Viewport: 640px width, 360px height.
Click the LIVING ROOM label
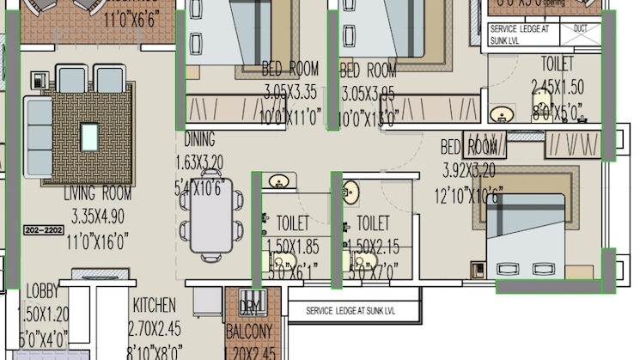(x=97, y=194)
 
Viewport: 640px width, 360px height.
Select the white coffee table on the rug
(x=89, y=136)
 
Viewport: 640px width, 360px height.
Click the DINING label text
(x=199, y=140)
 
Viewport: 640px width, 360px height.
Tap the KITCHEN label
(x=154, y=306)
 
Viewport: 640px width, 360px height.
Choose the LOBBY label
(x=43, y=291)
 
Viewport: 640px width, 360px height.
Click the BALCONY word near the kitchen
(x=249, y=332)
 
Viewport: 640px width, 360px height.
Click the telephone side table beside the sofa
(x=39, y=80)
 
